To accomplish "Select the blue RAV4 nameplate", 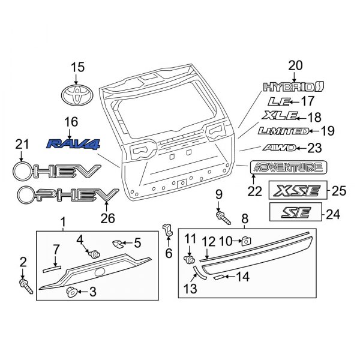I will point(74,143).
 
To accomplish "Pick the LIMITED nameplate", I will point(283,131).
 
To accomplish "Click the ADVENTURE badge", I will point(289,167).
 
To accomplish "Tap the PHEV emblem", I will point(67,194).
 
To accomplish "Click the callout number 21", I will point(22,144).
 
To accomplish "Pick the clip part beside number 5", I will point(119,244).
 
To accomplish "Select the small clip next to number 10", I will point(245,241).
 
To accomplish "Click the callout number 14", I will point(242,277).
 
